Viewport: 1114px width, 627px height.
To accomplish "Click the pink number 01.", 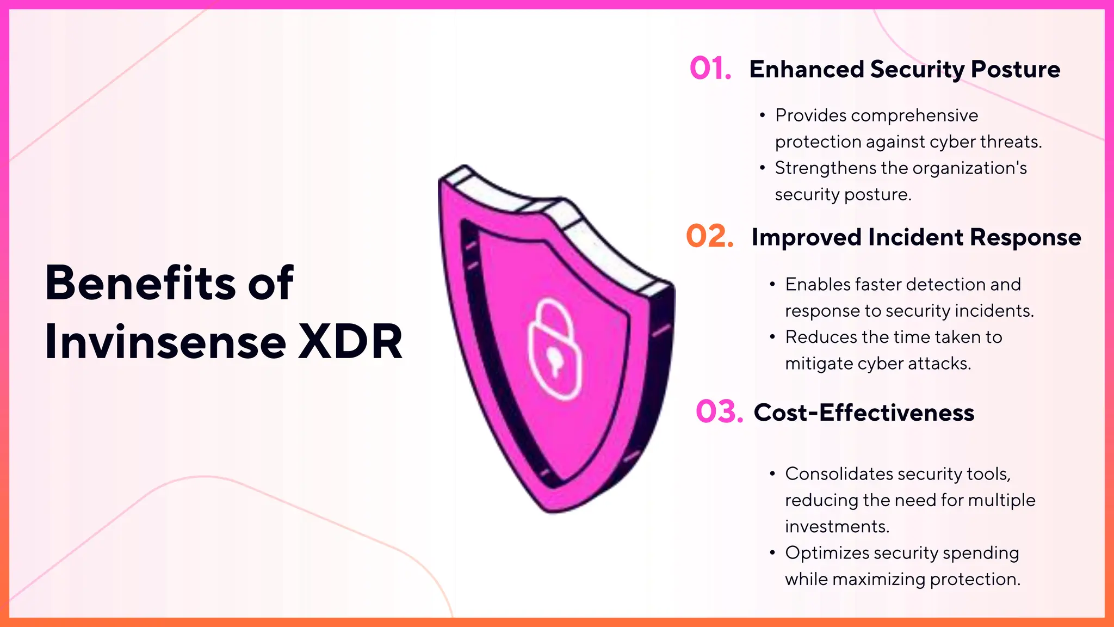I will (710, 69).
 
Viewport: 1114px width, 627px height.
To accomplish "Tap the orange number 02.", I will (709, 236).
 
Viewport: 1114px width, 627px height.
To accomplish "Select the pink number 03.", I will (719, 411).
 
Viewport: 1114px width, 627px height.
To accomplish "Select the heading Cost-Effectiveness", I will (864, 413).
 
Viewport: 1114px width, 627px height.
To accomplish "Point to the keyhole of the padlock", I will (555, 360).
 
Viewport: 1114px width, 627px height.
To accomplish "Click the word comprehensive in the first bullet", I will (914, 115).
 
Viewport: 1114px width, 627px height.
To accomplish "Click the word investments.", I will (837, 526).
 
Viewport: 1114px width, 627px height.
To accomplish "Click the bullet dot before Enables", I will (772, 284).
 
